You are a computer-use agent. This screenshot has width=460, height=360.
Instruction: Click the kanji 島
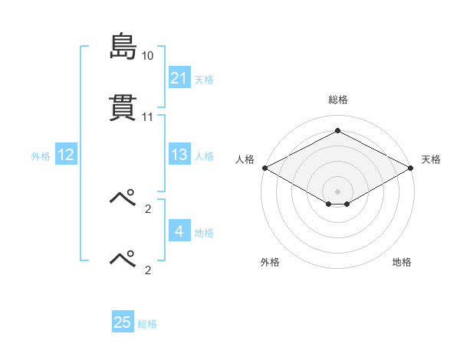tap(123, 46)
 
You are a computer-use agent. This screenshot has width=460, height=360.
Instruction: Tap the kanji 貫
tap(123, 107)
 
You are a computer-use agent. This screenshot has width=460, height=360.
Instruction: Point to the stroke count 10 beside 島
tap(147, 56)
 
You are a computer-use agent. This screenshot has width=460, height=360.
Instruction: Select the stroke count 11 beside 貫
tap(147, 117)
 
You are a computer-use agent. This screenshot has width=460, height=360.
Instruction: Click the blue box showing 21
tap(179, 77)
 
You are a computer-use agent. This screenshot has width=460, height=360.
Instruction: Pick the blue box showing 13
tap(179, 154)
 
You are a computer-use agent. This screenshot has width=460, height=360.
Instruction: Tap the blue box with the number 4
tap(179, 230)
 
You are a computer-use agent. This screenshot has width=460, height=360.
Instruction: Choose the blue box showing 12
tap(66, 154)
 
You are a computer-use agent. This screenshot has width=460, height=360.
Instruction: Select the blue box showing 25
tap(123, 321)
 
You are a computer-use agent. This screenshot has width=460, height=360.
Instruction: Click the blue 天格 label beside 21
tap(204, 80)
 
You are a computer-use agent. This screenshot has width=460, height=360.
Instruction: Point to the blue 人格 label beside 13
tap(204, 156)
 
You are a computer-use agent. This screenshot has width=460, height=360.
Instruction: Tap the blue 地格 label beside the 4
tap(204, 233)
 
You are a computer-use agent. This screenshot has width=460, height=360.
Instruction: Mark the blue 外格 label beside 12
tap(41, 156)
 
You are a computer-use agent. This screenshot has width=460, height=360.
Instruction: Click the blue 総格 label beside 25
tap(147, 324)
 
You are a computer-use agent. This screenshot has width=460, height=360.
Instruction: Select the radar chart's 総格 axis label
tap(338, 100)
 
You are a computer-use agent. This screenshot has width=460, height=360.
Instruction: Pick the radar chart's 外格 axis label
tap(270, 262)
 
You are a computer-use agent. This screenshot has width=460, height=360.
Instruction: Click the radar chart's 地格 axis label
tap(402, 262)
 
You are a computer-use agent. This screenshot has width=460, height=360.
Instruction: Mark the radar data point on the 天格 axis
tap(411, 168)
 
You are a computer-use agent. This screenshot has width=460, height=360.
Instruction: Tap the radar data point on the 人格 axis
tap(265, 168)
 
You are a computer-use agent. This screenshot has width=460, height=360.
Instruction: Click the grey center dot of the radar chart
tap(337, 191)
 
